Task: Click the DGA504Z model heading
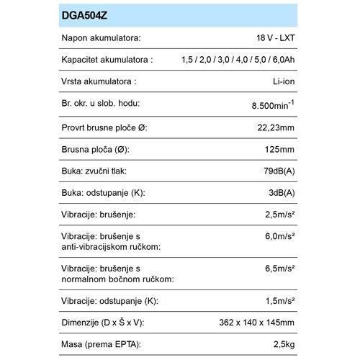[87, 14]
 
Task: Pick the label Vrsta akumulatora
[99, 82]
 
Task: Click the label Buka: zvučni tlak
[99, 172]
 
